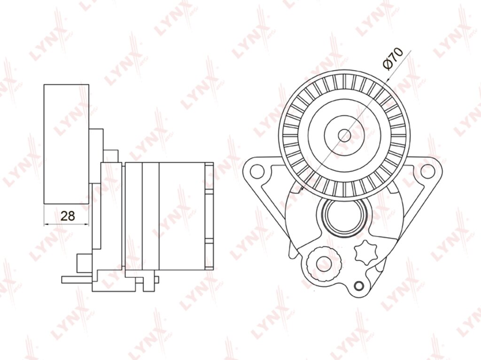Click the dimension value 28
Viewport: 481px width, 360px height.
(68, 216)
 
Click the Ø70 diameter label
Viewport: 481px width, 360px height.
(393, 59)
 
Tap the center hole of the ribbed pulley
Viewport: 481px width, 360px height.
(344, 135)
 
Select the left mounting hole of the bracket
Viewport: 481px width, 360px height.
(257, 171)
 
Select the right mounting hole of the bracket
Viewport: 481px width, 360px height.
(427, 171)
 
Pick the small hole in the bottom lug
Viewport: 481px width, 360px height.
(358, 286)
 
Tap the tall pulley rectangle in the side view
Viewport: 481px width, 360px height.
(67, 144)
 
